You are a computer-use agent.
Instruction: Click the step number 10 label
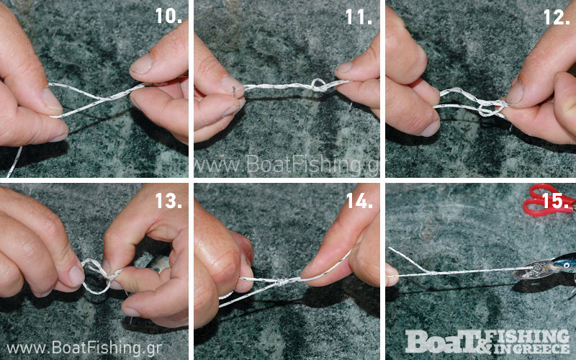pyautogui.click(x=168, y=16)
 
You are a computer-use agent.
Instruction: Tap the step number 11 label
pyautogui.click(x=359, y=17)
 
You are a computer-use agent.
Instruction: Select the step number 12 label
pyautogui.click(x=557, y=17)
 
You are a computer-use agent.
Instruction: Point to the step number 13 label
pyautogui.click(x=168, y=201)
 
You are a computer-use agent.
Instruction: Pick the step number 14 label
pyautogui.click(x=359, y=201)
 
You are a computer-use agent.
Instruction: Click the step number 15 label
pyautogui.click(x=556, y=201)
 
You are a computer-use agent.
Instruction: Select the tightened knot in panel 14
pyautogui.click(x=282, y=282)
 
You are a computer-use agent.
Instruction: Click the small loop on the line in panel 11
pyautogui.click(x=318, y=84)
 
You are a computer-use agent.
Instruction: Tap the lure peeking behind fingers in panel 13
pyautogui.click(x=158, y=264)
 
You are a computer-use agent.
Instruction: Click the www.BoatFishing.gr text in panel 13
pyautogui.click(x=84, y=347)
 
